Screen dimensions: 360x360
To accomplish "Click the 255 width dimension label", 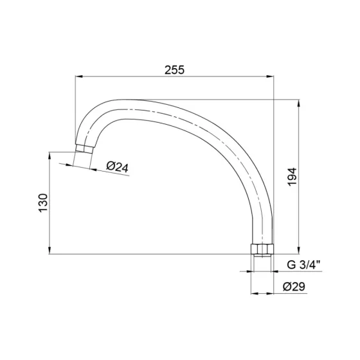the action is [174, 70].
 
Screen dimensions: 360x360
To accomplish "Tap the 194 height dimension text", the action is [292, 177].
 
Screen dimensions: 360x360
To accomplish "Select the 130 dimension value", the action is [43, 203].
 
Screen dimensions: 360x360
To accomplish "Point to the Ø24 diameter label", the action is [117, 167].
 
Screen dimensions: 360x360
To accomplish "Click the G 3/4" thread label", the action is [303, 265].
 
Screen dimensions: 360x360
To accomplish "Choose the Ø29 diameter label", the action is [294, 287].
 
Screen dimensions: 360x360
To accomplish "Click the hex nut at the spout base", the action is [262, 249].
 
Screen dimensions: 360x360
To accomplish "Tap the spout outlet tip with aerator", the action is [84, 148].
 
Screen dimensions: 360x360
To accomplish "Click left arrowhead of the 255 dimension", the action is [78, 76].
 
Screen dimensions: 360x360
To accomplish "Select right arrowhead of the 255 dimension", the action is [270, 76].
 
